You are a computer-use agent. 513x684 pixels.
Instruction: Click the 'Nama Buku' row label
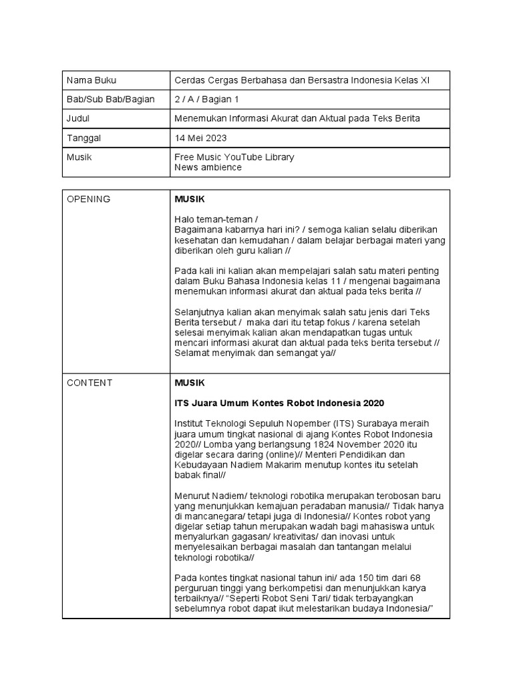(91, 80)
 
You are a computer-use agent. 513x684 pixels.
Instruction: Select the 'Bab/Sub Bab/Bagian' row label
(110, 100)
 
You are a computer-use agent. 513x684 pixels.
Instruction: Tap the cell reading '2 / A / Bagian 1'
(206, 100)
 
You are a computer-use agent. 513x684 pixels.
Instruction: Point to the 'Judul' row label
(78, 119)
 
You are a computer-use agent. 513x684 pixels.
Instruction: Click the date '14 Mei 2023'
(200, 138)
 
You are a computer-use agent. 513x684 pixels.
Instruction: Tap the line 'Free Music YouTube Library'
(234, 157)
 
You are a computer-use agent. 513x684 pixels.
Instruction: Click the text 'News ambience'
(208, 168)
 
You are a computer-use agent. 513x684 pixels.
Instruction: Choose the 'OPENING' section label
(88, 199)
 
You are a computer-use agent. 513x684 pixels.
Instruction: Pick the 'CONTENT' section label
(90, 383)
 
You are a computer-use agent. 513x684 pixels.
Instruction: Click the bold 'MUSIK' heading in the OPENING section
(190, 199)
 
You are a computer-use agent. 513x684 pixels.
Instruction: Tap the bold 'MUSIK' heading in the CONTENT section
(190, 383)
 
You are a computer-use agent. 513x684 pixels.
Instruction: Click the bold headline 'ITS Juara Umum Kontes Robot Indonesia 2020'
(279, 403)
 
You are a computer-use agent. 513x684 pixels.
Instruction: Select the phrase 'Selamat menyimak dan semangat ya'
(251, 353)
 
